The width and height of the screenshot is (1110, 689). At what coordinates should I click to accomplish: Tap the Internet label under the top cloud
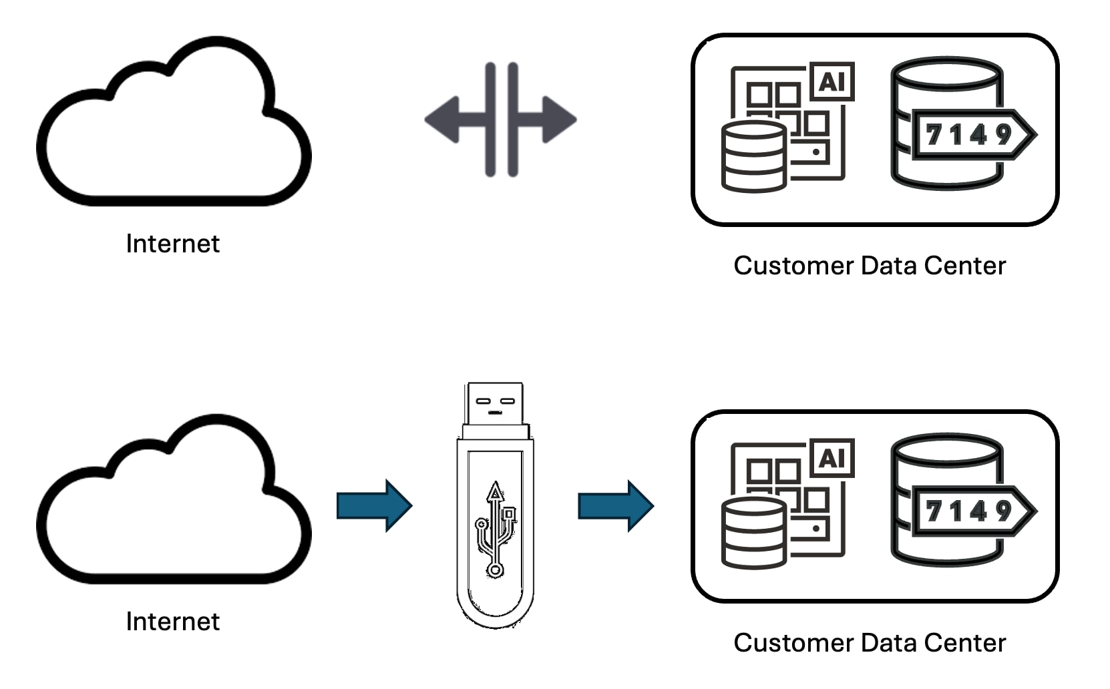[172, 244]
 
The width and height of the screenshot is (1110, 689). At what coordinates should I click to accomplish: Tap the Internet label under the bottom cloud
[172, 622]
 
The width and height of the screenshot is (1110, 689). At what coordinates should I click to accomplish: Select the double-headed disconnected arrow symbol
[500, 120]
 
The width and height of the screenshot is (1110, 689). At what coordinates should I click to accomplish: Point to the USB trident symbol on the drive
[495, 527]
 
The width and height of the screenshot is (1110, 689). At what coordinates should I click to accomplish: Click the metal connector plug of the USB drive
[495, 404]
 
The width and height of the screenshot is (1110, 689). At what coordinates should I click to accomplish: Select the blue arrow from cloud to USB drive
[374, 505]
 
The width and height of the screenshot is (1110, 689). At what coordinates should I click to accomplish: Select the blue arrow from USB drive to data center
[615, 505]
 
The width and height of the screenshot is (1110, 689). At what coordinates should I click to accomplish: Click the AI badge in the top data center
[831, 81]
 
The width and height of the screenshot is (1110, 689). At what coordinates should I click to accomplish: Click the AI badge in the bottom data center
[831, 458]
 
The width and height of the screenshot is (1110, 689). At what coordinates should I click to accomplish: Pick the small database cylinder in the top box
[753, 156]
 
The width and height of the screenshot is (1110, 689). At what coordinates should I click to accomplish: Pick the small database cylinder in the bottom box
[753, 533]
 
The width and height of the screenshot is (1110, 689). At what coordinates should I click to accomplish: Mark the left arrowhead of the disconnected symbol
[442, 120]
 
